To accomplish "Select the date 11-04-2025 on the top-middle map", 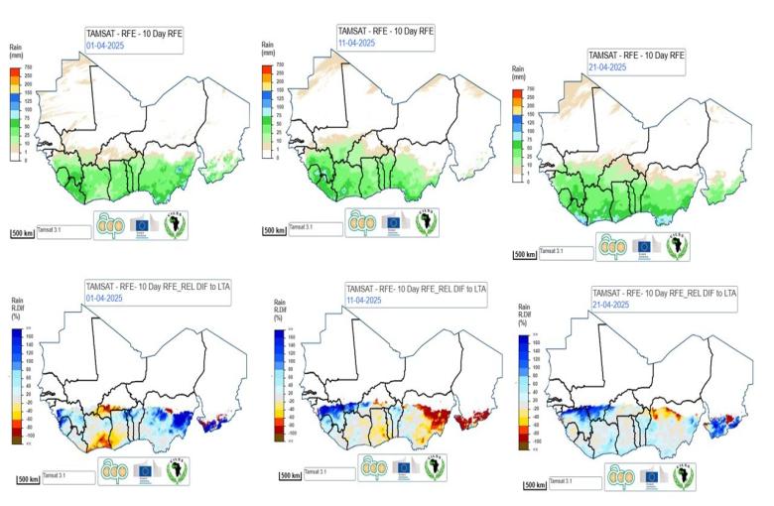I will (x=356, y=43).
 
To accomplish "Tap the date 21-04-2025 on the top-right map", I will (x=608, y=66).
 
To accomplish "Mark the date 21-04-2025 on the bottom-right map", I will (x=611, y=307).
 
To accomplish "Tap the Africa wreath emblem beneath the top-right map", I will (x=684, y=244).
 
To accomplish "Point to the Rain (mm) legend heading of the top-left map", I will (x=16, y=51).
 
